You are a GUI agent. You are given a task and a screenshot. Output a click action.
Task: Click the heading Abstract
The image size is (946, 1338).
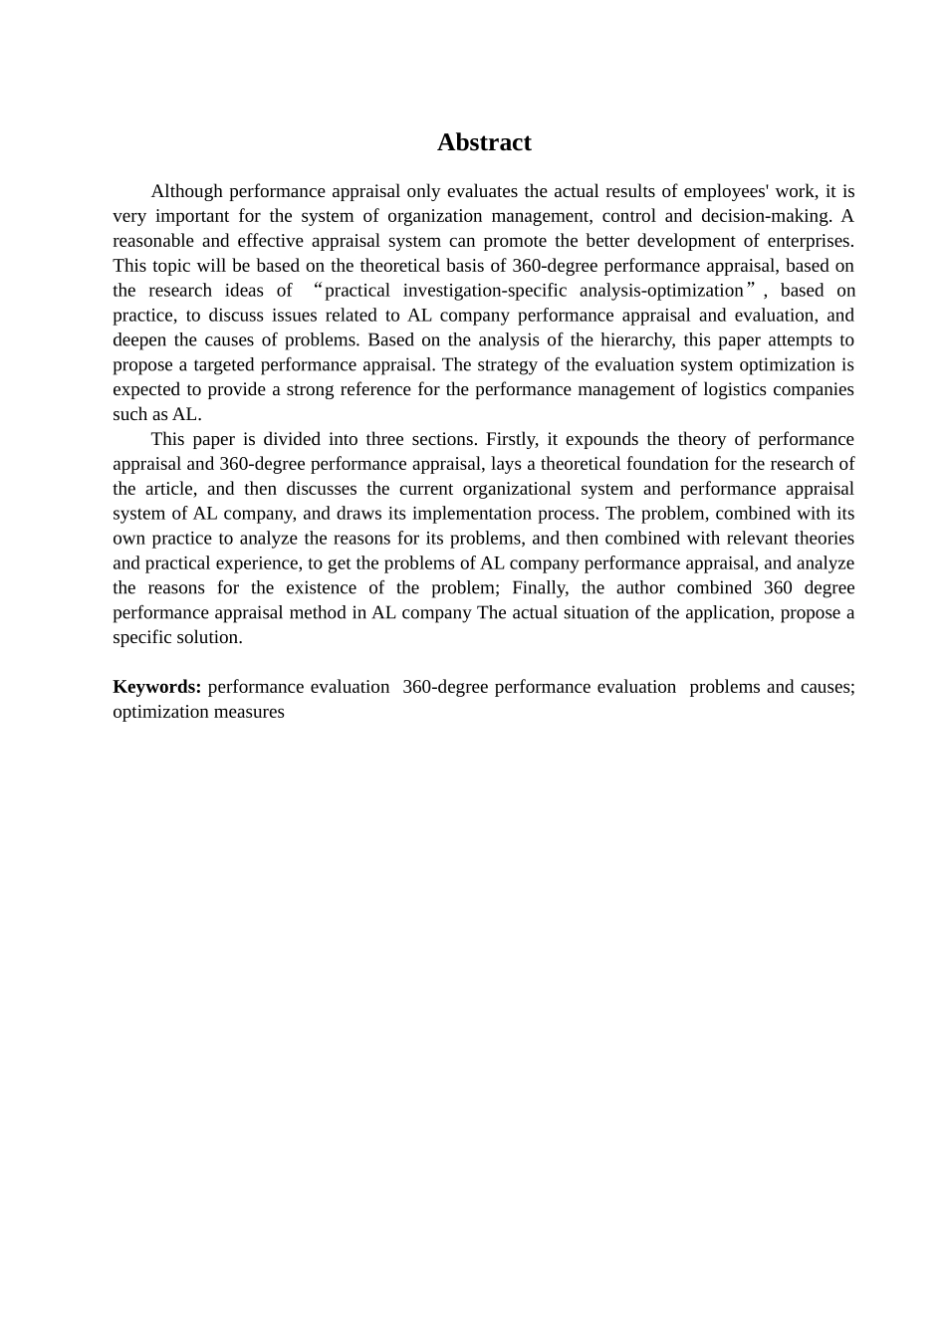pyautogui.click(x=484, y=142)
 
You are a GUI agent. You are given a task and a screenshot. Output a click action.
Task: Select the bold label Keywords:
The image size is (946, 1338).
pyautogui.click(x=157, y=687)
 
